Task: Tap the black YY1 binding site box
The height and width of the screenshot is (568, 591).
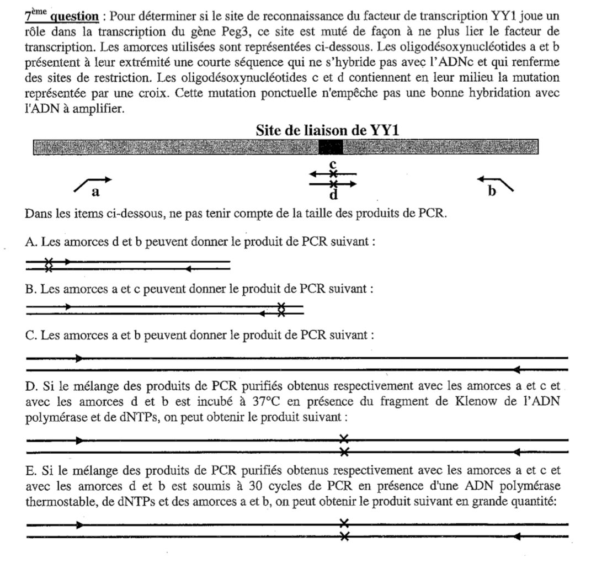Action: coord(331,147)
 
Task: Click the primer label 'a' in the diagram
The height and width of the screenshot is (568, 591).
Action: coord(95,192)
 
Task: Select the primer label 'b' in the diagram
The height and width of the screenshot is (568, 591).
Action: coord(492,191)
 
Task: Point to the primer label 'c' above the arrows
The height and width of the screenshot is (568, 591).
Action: coord(332,163)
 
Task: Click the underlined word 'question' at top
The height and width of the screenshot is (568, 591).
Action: coord(74,15)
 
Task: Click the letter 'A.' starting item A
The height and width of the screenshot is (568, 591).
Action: coord(30,242)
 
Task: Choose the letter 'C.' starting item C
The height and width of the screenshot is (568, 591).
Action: coord(30,335)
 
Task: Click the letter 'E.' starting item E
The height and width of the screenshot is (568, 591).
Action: coord(30,470)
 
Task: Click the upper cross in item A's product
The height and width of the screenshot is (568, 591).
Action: coord(49,262)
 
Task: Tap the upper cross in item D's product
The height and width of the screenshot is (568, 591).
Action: coord(344,439)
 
